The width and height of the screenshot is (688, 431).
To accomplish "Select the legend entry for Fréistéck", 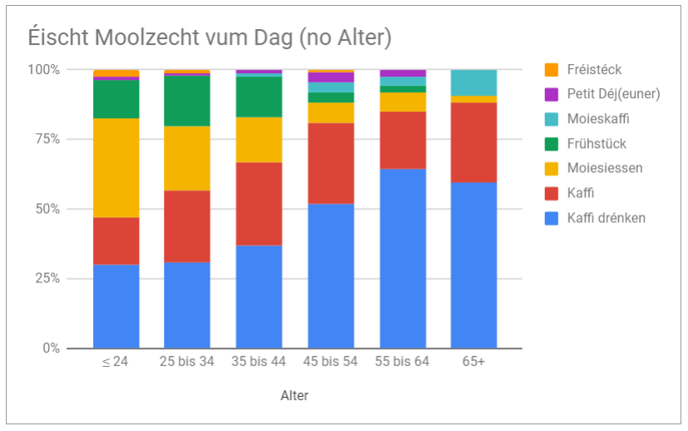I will coord(594,70).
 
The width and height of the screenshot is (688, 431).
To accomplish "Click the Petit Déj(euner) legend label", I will coord(613,94).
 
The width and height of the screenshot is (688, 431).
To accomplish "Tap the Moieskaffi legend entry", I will coord(598,119).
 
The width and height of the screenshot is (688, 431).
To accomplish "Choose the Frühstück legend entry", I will coord(596,144).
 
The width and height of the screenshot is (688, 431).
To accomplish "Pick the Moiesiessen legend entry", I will coord(605,168).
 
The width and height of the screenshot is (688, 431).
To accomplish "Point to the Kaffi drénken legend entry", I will coord(606,218).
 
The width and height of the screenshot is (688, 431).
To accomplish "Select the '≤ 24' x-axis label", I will coord(116,363).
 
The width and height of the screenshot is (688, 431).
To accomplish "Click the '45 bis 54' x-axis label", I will coord(331,363).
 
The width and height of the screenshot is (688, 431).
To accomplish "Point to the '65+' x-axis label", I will coord(473,363).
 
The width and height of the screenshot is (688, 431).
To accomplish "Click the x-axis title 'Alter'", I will coord(295,396).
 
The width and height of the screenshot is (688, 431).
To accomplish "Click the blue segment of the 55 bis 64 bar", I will coord(403,258).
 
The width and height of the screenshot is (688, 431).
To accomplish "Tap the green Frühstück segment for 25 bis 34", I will coord(187,101).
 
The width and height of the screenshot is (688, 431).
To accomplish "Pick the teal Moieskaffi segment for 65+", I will coord(474,82).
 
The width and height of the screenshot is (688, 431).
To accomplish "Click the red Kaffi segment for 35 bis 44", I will coord(259,204).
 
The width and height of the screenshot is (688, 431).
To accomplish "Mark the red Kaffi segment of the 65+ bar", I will coord(474,142).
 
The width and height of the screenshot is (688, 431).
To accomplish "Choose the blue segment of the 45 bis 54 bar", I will coord(331,275).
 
